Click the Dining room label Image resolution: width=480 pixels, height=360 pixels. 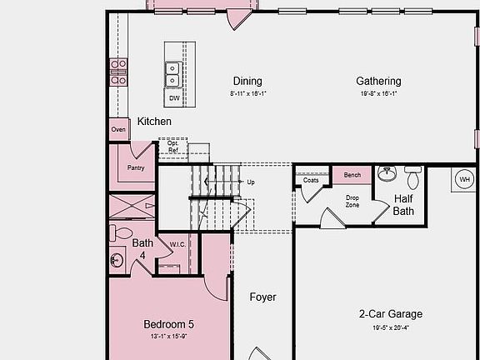click(247, 82)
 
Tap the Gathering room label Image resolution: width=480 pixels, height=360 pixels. click(378, 82)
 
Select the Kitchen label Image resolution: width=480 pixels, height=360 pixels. click(154, 122)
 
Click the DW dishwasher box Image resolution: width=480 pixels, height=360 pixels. click(174, 98)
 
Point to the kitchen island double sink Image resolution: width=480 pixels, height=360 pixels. click(173, 75)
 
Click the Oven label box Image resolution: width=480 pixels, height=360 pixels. click(118, 129)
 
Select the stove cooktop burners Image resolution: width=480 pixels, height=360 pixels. click(118, 72)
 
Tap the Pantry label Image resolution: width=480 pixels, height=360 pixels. click(136, 167)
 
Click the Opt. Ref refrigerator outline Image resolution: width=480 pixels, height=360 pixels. click(173, 147)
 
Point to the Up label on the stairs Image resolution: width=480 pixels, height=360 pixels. click(251, 181)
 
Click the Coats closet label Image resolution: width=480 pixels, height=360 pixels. click(311, 180)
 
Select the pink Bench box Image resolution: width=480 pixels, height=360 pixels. click(352, 175)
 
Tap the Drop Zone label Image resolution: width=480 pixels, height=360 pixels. click(352, 201)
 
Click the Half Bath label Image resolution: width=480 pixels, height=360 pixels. click(403, 205)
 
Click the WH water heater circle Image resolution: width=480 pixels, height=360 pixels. click(464, 179)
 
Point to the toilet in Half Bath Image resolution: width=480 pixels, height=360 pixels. click(413, 177)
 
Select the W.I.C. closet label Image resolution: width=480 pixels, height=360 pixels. click(177, 244)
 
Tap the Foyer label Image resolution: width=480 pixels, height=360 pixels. click(263, 297)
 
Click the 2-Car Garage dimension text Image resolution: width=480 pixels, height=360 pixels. click(390, 327)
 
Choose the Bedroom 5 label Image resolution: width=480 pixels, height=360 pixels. click(168, 324)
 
